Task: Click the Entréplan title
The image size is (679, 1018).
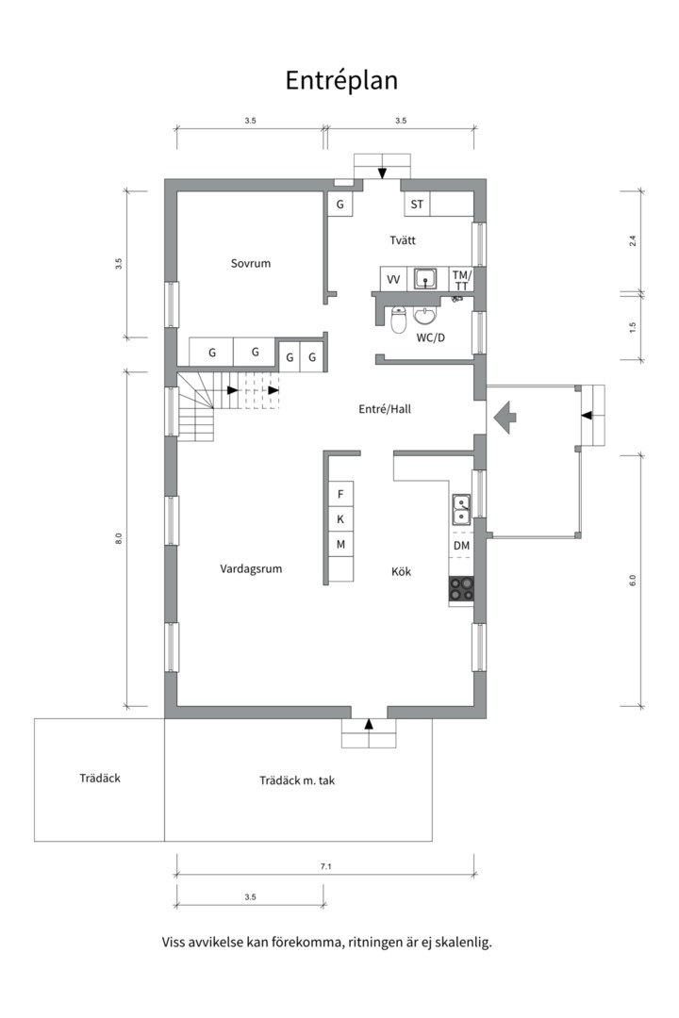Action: click(341, 80)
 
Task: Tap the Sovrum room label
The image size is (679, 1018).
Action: click(250, 263)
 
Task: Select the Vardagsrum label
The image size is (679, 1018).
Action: click(251, 568)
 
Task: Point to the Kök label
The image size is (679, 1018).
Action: click(401, 571)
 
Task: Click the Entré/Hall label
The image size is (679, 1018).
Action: click(385, 409)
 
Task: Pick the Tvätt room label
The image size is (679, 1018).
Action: click(402, 240)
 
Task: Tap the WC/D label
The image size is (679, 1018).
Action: click(430, 337)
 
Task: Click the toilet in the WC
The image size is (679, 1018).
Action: click(399, 320)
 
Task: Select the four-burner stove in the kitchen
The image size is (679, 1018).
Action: click(461, 589)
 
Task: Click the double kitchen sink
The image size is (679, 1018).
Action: click(462, 508)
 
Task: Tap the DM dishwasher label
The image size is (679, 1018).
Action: click(461, 546)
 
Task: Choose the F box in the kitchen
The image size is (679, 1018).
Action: click(340, 494)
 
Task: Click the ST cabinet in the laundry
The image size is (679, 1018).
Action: click(417, 204)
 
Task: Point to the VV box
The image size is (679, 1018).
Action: click(393, 279)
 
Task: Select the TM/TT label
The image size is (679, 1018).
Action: click(461, 281)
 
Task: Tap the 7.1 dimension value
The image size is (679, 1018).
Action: click(325, 866)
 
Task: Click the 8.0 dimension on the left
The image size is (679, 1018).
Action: click(118, 538)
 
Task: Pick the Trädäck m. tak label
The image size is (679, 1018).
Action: click(297, 780)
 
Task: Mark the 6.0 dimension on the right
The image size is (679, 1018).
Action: click(632, 581)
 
